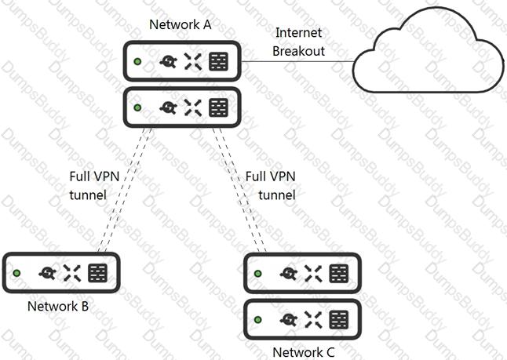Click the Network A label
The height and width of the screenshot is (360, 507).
[x=181, y=24]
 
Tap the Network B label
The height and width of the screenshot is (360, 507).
[x=58, y=307]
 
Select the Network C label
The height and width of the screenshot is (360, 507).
[x=304, y=352]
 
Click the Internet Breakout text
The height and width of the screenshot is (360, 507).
[x=298, y=42]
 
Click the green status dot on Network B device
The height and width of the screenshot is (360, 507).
[x=16, y=273]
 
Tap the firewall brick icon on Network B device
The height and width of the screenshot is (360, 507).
[x=97, y=273]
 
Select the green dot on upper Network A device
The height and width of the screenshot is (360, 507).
[x=137, y=61]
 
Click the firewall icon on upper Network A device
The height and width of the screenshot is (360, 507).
[x=219, y=61]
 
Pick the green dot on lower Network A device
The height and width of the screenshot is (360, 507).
[x=137, y=107]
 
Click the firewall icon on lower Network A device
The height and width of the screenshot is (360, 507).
[x=219, y=107]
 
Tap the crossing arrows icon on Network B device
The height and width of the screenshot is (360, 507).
[x=71, y=273]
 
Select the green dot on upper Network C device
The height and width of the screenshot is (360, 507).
[x=257, y=274]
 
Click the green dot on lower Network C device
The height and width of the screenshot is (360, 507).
[x=257, y=319]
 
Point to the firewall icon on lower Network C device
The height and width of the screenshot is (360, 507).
[x=339, y=319]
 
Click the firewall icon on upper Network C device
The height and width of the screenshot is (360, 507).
[x=339, y=274]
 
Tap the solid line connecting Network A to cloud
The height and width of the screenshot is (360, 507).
[x=297, y=61]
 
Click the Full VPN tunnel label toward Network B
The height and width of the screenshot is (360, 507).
[x=94, y=186]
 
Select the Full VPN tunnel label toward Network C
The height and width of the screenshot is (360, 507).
[x=271, y=186]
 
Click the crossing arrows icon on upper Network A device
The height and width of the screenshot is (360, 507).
[x=193, y=61]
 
